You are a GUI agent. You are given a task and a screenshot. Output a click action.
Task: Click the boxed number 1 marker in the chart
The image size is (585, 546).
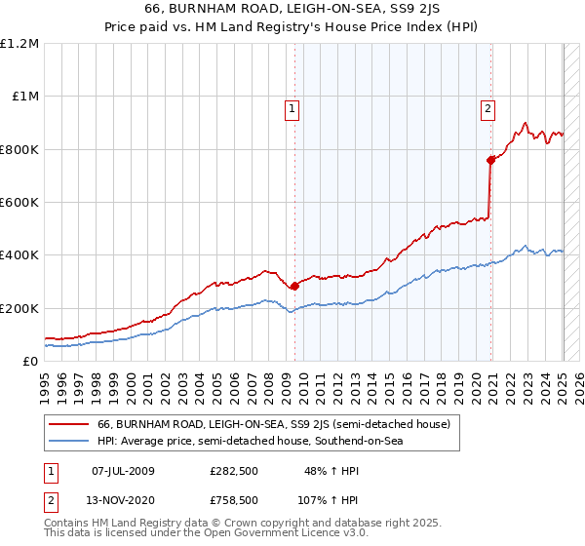pos(292,109)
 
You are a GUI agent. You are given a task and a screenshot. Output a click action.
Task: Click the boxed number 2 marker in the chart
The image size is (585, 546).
pos(487,109)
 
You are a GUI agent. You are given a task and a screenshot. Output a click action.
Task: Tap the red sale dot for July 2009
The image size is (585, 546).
pos(294,286)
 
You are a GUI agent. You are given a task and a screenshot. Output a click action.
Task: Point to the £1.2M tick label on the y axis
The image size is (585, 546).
pos(19,44)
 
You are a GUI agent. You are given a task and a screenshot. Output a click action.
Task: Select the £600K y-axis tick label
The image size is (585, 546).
pos(19,203)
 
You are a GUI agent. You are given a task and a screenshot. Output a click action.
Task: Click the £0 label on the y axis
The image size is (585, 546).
pos(29,361)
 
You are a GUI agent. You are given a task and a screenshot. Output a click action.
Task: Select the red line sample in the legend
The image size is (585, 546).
pos(68,424)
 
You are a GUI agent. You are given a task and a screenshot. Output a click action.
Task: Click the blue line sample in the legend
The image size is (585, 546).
pos(68,442)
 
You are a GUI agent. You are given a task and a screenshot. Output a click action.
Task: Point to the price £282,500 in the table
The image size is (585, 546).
pos(233,471)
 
